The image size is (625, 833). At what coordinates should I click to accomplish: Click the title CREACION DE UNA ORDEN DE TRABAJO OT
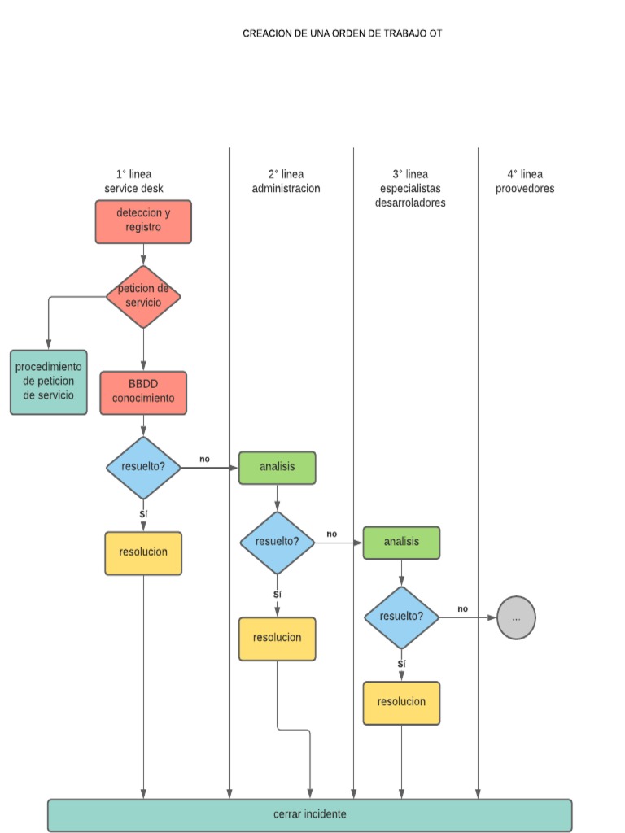pos(342,33)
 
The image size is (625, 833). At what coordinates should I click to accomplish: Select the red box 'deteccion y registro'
pos(143,221)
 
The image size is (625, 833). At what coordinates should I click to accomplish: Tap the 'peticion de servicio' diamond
pos(143,296)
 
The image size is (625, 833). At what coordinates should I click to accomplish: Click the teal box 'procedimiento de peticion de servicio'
pos(49,382)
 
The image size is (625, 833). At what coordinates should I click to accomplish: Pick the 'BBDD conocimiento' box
pos(143,392)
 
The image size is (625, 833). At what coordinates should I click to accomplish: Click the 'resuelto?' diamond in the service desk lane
pos(143,468)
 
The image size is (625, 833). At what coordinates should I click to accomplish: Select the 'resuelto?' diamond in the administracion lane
pos(278,543)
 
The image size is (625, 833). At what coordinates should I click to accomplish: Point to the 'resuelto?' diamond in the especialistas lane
pos(401,617)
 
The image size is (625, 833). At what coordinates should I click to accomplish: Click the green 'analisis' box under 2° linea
pos(278,468)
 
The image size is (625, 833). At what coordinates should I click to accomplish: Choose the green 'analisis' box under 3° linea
pos(401,543)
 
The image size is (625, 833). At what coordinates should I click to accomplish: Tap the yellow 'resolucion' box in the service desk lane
pos(143,553)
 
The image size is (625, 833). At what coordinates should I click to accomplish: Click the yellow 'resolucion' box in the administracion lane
pos(278,639)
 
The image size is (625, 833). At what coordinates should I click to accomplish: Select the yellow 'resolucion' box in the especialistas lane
pos(401,703)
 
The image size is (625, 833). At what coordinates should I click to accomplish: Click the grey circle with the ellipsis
pos(516,617)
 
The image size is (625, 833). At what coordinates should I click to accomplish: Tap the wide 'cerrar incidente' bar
pos(310,814)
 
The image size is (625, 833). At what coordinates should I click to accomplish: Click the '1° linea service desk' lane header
pos(133,181)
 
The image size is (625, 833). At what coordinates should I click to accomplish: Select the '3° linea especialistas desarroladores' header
pos(410,189)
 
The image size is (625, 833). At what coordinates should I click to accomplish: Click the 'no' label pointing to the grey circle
pos(462,608)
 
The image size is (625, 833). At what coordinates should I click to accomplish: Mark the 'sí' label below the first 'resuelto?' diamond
pos(143,514)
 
